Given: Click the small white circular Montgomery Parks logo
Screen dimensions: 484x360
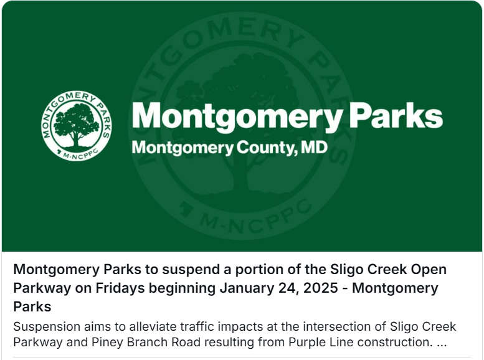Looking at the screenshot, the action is pyautogui.click(x=77, y=126).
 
